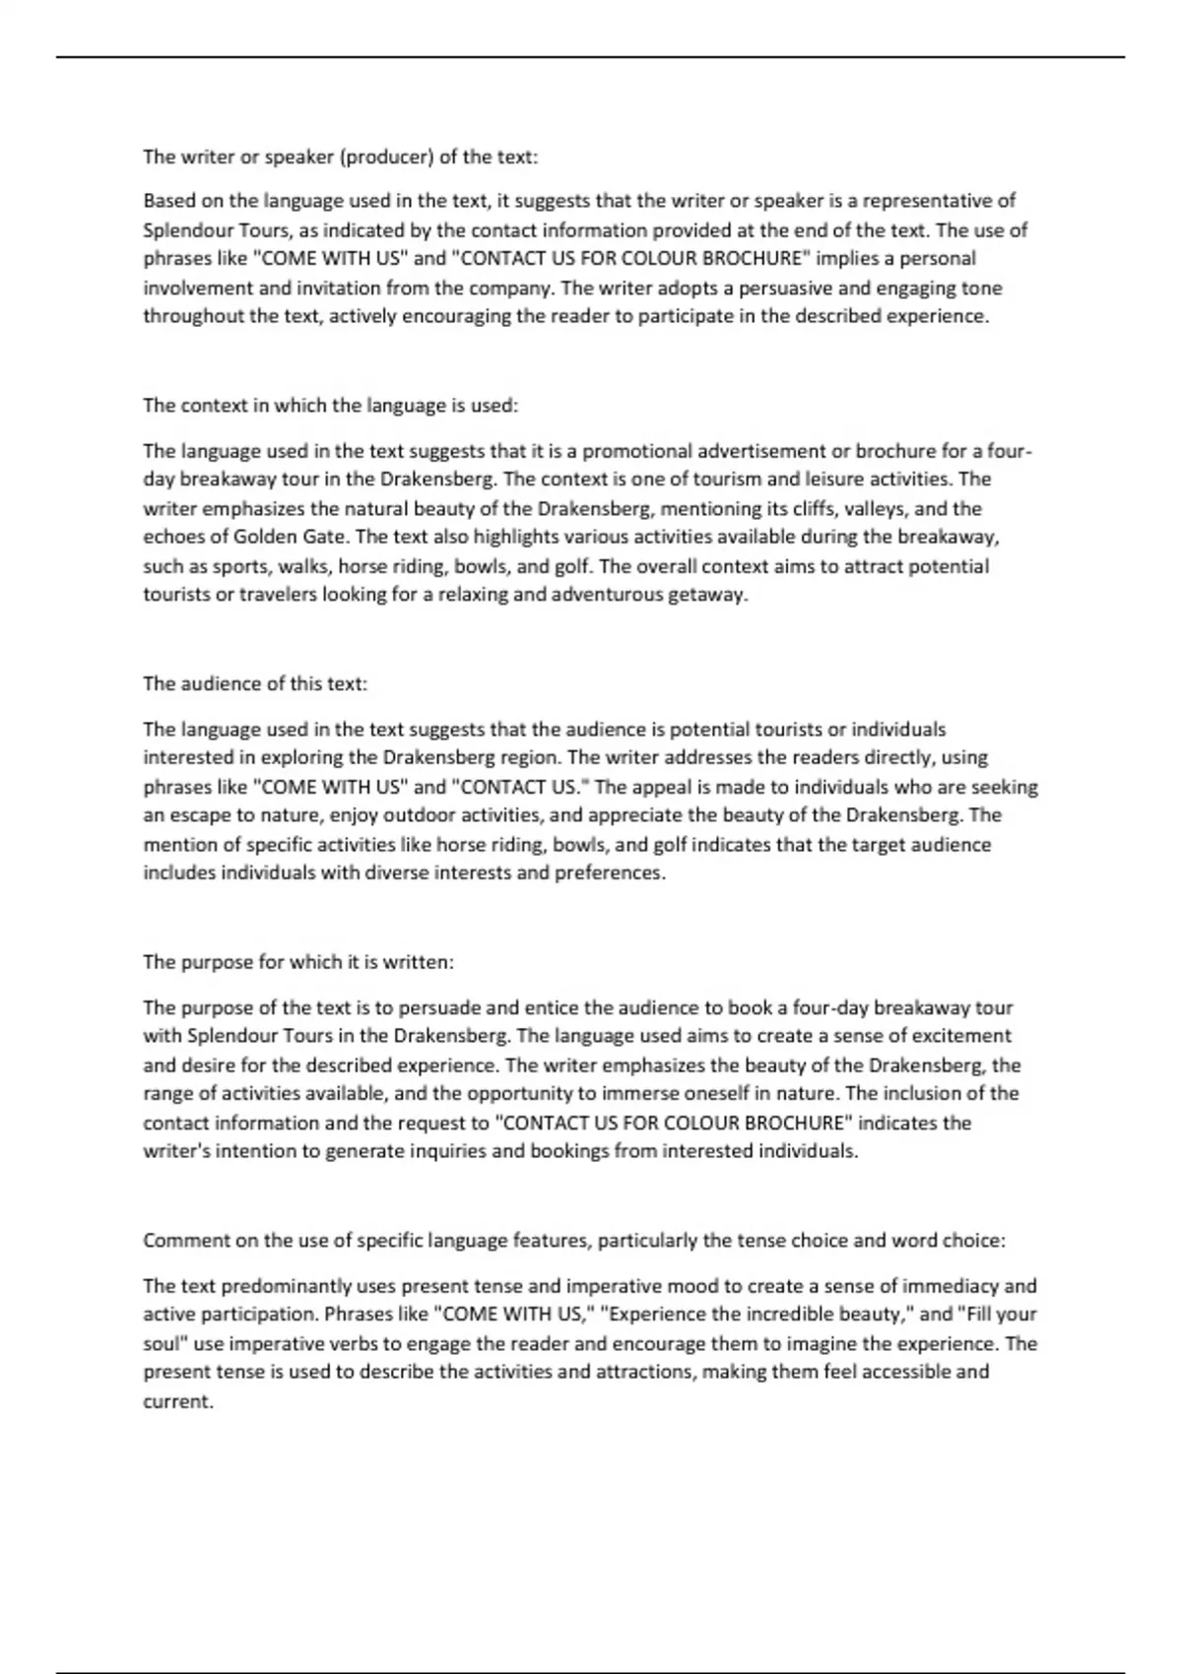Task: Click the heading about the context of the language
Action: click(x=330, y=406)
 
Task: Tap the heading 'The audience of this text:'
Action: click(x=255, y=683)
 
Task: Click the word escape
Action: click(x=196, y=815)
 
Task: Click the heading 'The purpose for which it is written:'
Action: click(x=298, y=962)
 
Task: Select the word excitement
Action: click(x=956, y=1036)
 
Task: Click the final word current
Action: click(x=178, y=1401)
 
